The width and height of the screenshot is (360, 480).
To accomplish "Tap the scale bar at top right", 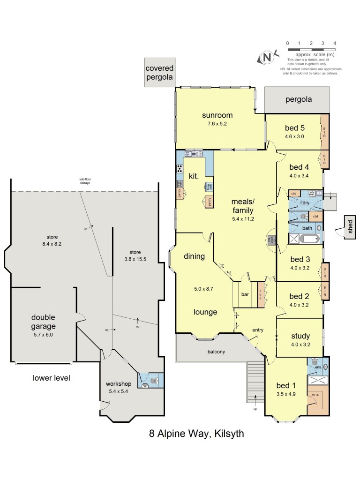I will (x=311, y=49).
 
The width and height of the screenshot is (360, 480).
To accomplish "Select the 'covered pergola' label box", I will (x=159, y=73).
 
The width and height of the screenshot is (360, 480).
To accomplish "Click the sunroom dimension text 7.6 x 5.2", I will (x=217, y=124).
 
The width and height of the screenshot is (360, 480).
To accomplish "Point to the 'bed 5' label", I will (x=294, y=127).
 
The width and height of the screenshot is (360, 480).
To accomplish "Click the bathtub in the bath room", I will (x=305, y=239).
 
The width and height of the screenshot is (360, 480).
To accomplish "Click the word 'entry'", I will (x=257, y=330).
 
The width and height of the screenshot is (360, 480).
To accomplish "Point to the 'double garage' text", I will (x=43, y=322).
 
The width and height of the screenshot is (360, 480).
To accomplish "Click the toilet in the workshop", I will (x=145, y=385).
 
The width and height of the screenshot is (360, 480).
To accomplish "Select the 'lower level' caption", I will (x=51, y=378).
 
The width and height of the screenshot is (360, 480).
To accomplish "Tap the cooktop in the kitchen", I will (x=180, y=169).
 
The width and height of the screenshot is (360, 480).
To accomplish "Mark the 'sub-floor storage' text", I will (x=84, y=182).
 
